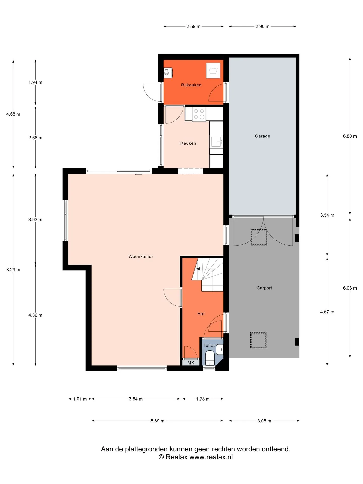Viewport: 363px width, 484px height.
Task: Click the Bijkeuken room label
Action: [x=191, y=85]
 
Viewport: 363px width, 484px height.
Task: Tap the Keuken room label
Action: [x=188, y=143]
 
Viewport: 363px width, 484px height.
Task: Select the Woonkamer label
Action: [x=141, y=256]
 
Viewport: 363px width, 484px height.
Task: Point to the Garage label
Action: [x=262, y=136]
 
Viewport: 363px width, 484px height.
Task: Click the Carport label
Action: [x=264, y=288]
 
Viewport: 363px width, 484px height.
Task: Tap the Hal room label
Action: [x=201, y=314]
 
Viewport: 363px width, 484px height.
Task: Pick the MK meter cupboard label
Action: [x=191, y=363]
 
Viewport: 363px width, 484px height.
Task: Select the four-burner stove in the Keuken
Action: [x=199, y=114]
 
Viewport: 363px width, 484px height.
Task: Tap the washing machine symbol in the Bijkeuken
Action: [x=213, y=70]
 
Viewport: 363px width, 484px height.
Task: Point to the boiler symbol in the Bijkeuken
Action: [x=168, y=73]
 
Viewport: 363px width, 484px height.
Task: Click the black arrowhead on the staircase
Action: [x=198, y=269]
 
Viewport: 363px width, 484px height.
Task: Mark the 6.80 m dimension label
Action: [x=350, y=136]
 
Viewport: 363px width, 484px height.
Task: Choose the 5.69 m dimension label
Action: [x=157, y=421]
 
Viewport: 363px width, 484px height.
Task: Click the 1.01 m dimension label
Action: [x=80, y=399]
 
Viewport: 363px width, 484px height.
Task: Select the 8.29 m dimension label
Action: [x=13, y=270]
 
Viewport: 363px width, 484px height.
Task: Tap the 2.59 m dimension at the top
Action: [x=193, y=26]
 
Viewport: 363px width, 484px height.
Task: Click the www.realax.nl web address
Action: [x=211, y=457]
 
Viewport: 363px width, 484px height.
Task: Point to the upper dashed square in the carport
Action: [x=259, y=237]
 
